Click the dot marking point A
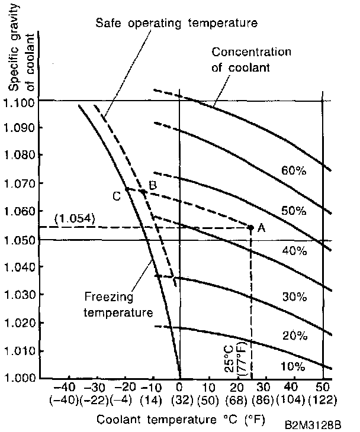coord(250,227)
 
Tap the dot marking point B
coord(143,191)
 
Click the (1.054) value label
coord(73,218)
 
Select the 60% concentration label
coord(294,172)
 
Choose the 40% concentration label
coord(294,251)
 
